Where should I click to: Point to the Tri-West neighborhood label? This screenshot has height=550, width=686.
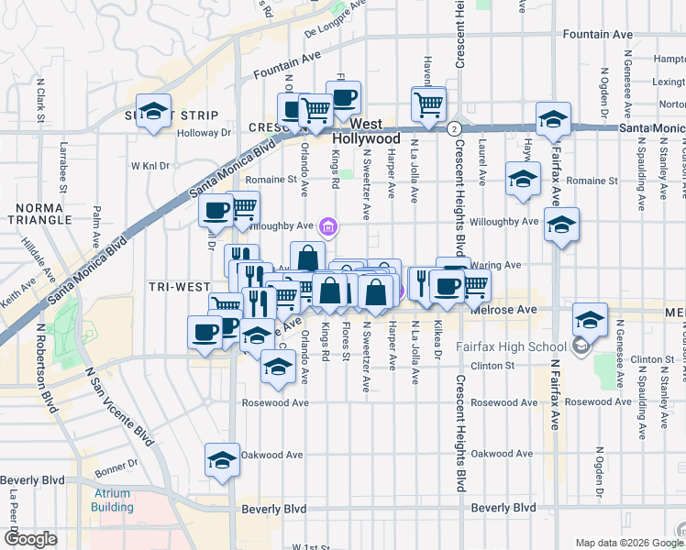[180, 287]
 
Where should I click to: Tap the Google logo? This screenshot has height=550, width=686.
[29, 539]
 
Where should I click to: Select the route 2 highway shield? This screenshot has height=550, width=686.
[453, 127]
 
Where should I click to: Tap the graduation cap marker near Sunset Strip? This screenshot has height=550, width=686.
[154, 110]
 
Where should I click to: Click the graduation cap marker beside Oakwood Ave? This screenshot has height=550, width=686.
[221, 460]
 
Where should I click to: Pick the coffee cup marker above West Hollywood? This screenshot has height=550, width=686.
[343, 98]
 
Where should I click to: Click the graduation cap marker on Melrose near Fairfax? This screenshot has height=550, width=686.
[591, 320]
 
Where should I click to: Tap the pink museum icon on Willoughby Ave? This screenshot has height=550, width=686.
[329, 226]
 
